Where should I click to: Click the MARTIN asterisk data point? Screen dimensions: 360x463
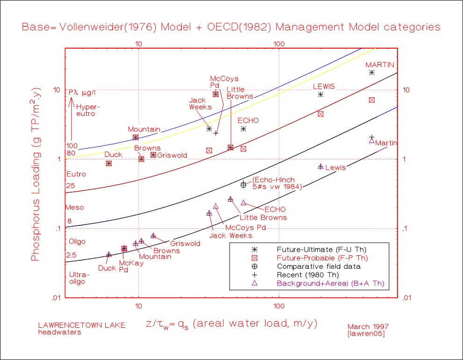[x=372, y=72]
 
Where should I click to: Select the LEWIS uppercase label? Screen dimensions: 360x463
[x=323, y=86]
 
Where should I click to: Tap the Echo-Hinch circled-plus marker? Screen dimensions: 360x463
[x=243, y=185]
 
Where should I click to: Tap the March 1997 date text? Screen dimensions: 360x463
[x=368, y=326]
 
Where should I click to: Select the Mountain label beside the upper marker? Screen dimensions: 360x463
[x=144, y=130]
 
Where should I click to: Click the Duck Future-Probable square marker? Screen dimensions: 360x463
[x=109, y=163]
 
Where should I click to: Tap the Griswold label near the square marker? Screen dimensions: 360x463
[x=172, y=155]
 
